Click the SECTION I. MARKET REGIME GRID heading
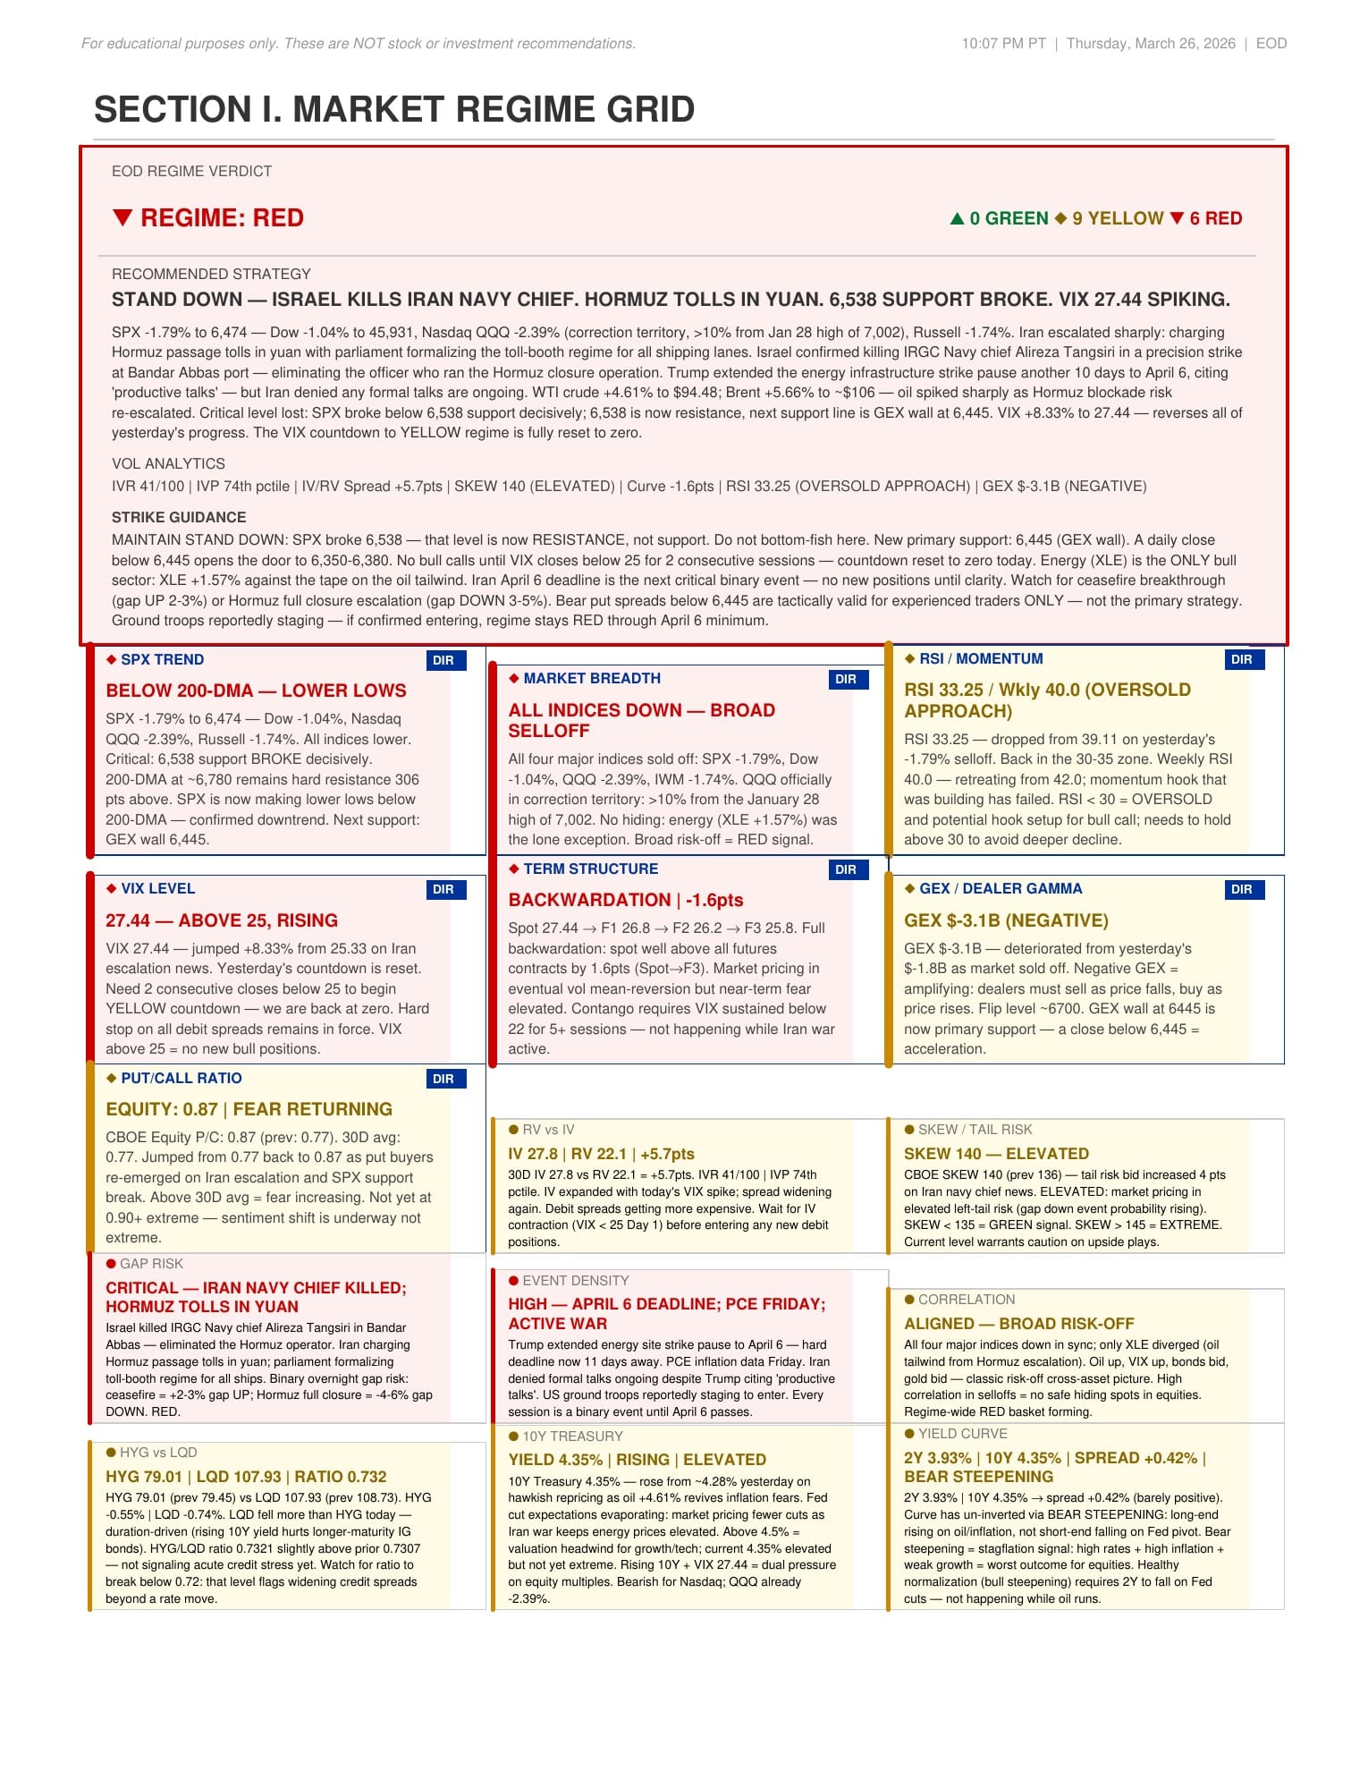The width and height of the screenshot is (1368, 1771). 394,109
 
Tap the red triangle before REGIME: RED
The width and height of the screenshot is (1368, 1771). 123,217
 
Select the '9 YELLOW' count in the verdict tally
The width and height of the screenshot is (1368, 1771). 1118,218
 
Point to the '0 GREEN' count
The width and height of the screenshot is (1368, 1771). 1009,218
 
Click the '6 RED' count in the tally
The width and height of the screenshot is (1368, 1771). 1215,218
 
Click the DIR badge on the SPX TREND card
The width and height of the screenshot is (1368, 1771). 443,660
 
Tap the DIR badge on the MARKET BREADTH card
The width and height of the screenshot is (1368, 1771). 845,679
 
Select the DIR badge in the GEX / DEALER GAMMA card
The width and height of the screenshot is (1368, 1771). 1241,889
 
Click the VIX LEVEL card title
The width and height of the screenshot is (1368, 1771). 157,888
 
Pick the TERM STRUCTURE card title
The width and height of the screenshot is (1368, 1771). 590,869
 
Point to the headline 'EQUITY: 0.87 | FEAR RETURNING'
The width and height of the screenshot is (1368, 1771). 249,1109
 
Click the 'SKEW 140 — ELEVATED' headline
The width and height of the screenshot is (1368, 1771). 996,1154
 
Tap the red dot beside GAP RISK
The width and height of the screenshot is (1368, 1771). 111,1263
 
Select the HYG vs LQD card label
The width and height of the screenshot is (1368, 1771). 158,1453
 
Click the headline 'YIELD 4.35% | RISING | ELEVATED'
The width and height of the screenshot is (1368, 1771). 637,1459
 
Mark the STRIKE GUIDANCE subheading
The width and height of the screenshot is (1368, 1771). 179,517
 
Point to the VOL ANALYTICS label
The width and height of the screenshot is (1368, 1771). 168,463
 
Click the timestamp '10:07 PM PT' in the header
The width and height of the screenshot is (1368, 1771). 1003,43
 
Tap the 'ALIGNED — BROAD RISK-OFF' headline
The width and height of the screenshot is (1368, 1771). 1018,1323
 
